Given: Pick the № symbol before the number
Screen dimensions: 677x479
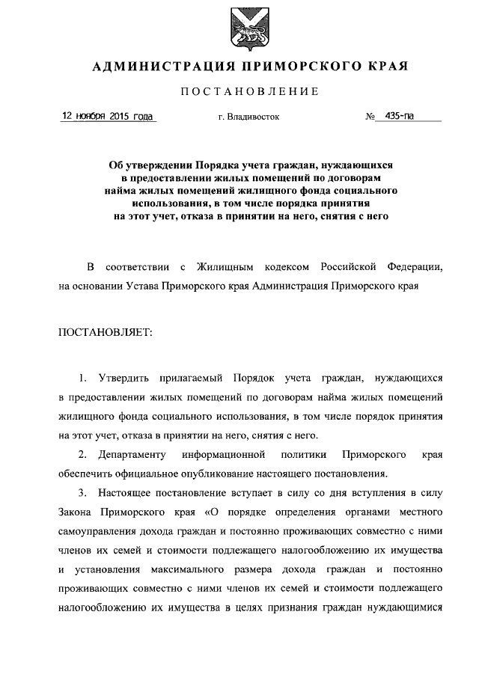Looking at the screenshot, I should (x=370, y=117).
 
